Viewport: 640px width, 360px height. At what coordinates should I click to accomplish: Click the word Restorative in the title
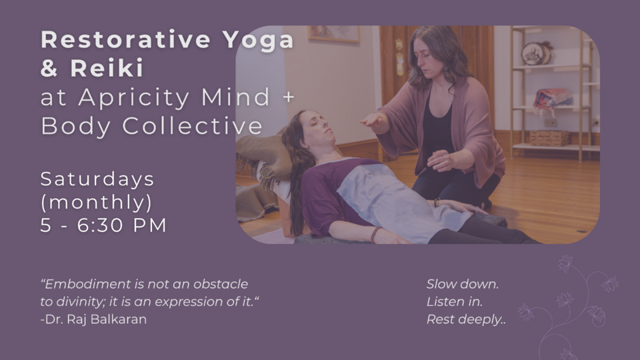click(x=126, y=39)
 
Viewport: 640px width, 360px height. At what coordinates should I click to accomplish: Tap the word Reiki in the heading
click(x=107, y=68)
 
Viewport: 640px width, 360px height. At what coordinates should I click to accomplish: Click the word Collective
click(x=192, y=126)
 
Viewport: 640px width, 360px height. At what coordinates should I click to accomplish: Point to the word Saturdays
click(x=97, y=179)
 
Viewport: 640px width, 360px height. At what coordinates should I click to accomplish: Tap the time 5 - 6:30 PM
click(x=103, y=225)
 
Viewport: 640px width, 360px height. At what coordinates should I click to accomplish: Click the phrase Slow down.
click(x=463, y=284)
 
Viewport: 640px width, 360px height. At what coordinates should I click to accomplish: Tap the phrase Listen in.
click(x=454, y=301)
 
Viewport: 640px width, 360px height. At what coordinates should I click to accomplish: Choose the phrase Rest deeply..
click(x=466, y=319)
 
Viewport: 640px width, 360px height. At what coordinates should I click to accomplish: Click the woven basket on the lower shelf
click(x=549, y=138)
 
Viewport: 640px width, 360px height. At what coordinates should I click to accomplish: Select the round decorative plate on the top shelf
click(x=535, y=53)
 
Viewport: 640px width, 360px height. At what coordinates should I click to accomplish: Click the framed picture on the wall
click(x=333, y=34)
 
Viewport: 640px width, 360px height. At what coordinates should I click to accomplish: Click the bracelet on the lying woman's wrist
click(x=374, y=234)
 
